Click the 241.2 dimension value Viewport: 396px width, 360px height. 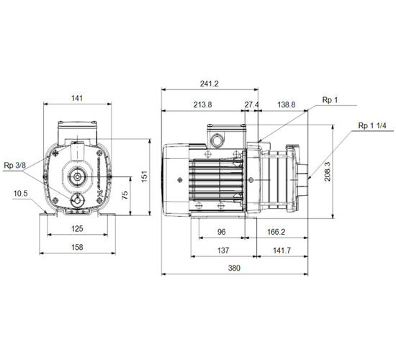209,84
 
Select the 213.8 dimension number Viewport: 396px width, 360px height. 202,104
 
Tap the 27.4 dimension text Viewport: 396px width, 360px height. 251,104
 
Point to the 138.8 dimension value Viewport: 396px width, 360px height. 287,104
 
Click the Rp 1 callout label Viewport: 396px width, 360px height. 330,100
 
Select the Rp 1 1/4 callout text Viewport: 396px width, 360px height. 372,126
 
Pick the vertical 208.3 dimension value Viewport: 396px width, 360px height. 328,171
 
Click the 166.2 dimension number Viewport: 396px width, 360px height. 276,232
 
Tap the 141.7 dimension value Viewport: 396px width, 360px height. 282,251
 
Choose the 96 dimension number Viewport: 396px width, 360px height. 222,232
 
